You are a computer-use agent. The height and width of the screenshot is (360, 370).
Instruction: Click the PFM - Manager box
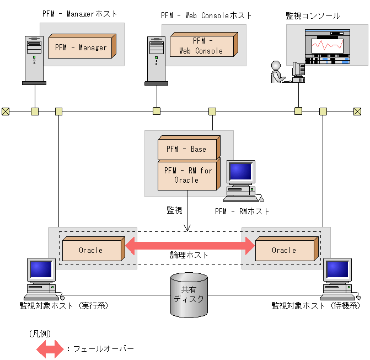[81, 47]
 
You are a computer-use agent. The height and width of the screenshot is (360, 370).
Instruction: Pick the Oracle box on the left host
[91, 250]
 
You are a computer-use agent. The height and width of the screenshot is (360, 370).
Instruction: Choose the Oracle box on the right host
[284, 250]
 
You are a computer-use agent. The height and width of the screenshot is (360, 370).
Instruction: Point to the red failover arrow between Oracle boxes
[189, 245]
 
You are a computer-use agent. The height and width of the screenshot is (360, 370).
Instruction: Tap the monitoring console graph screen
[328, 47]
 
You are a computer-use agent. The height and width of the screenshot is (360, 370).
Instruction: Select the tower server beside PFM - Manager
[34, 61]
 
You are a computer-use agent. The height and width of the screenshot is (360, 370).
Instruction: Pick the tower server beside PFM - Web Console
[156, 61]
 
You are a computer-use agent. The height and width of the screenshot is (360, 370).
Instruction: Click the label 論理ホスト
[189, 255]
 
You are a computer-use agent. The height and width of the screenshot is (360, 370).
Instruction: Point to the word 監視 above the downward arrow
[175, 210]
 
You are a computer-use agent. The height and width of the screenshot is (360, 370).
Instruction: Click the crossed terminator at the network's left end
[6, 112]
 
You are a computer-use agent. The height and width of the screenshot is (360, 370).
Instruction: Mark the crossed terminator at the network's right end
[357, 112]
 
